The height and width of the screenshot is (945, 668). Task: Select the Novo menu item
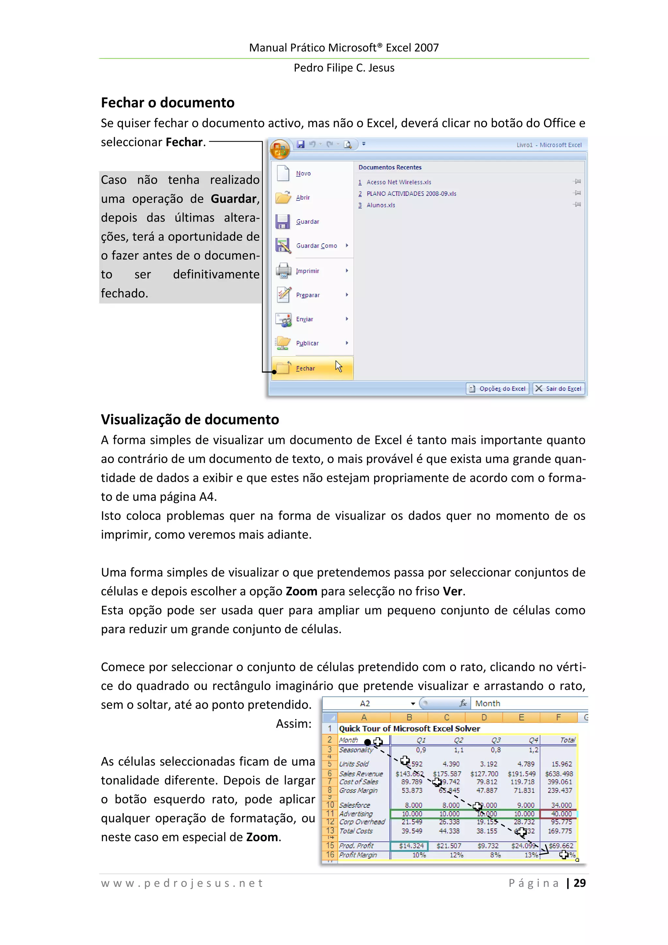point(303,174)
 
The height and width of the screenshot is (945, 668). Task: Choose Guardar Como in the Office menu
point(316,246)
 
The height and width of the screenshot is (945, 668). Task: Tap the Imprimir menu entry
point(308,271)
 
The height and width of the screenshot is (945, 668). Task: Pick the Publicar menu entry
point(307,343)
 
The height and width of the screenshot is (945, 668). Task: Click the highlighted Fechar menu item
point(305,368)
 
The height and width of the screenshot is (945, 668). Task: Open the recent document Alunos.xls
point(380,205)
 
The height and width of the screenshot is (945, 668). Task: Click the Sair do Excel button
point(559,389)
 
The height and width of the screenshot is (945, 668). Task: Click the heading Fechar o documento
point(168,102)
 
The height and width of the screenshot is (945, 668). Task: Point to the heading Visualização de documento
point(190,419)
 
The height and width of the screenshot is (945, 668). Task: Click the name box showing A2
point(365,703)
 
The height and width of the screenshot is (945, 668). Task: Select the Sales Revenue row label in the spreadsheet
point(361,774)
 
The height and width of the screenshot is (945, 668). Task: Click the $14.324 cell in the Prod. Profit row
point(410,846)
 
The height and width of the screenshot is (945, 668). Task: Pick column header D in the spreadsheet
point(484,717)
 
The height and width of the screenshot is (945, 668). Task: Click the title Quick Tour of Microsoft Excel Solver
point(409,728)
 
